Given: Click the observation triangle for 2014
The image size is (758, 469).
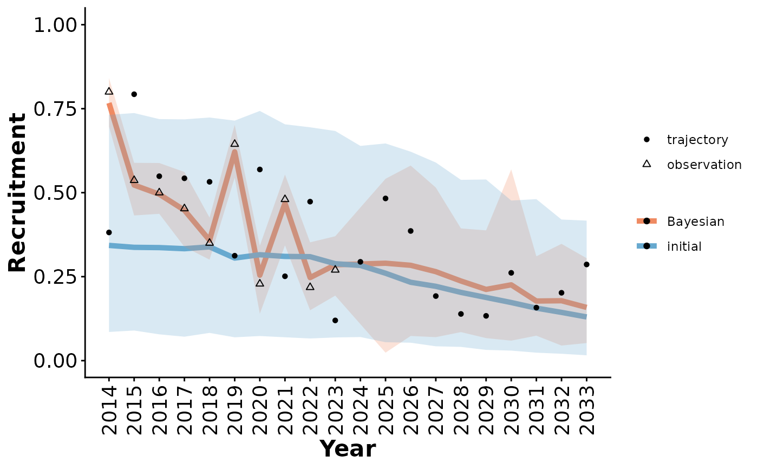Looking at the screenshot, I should coord(109,92).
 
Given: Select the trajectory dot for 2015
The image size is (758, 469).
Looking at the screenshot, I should coord(134,94).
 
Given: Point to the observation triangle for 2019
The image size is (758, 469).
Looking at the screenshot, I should coord(234,144).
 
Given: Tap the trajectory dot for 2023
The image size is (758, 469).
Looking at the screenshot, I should coord(335,321).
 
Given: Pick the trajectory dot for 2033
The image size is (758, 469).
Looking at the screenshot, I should coord(586,264).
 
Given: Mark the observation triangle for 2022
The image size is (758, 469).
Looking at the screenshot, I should coord(310,286).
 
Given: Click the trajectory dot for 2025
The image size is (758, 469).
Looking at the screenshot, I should coord(385,198).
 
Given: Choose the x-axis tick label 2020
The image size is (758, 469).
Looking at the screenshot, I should coord(260,412).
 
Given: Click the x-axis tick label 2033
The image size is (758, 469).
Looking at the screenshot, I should coord(586,412).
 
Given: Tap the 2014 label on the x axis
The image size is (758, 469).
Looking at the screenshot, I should coord(109,412).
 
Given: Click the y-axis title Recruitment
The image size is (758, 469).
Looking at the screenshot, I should coord(17,192).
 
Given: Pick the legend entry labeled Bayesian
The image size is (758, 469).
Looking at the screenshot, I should coord(695,222).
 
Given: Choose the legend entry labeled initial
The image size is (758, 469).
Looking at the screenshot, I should coord(684,247).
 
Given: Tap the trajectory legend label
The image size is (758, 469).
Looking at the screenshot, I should coord(697,140).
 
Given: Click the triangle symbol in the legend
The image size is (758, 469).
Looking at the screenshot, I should coord(646,164).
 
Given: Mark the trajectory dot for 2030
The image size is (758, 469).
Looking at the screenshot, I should coord(511,272).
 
